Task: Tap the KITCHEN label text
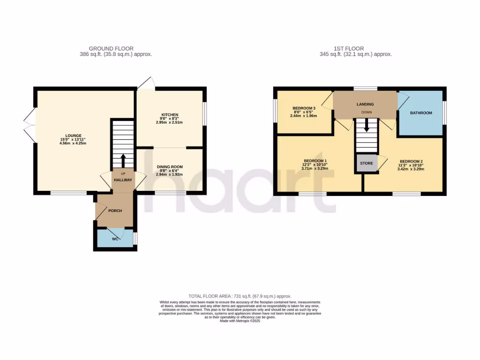pos(170,115)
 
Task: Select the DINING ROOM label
pos(170,166)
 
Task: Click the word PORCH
pos(115,211)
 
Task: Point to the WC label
pos(115,239)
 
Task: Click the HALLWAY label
pos(122,180)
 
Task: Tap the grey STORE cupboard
pos(367,164)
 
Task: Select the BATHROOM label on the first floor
pos(421,113)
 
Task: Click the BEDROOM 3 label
pos(304,108)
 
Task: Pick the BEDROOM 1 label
pos(315,161)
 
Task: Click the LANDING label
pos(365,104)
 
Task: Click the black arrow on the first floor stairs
pos(366,125)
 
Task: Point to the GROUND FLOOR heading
pos(111,48)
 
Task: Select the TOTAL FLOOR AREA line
pos(240,296)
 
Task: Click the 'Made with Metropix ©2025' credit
pos(240,321)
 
